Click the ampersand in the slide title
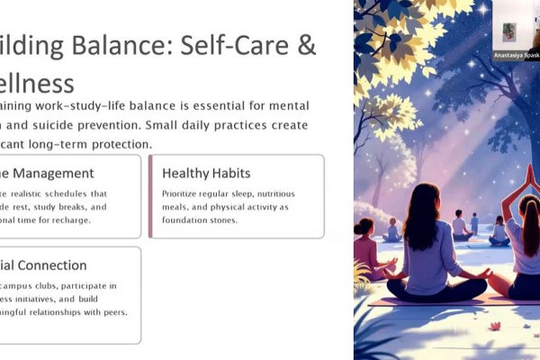306,46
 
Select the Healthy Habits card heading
206,173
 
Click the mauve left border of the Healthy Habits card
150,196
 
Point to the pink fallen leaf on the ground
494,326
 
